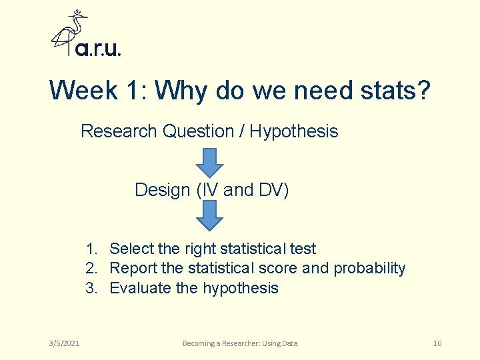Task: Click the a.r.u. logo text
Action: coord(98,49)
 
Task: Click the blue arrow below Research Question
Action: coord(210,161)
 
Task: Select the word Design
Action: coord(163,190)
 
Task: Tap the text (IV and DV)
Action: coord(243,190)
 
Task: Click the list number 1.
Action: coord(91,249)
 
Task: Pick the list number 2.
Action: coord(91,268)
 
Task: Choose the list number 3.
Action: coord(91,288)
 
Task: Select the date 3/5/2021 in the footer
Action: coord(64,343)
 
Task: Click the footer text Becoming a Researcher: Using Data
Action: coord(240,343)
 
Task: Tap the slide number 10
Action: coord(437,343)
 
